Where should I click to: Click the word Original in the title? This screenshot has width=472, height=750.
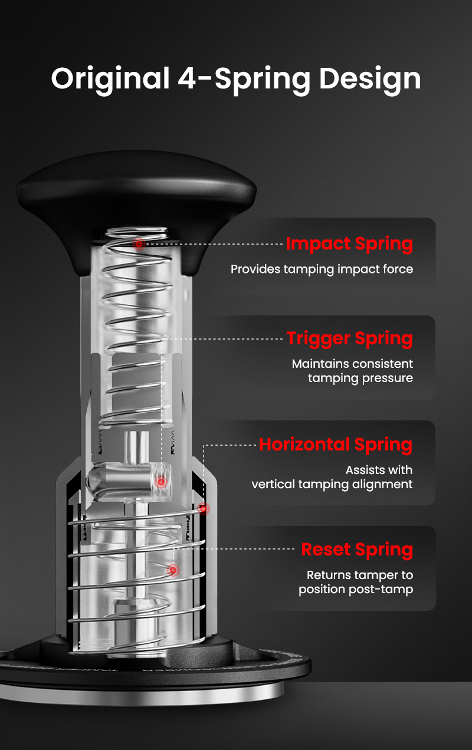click(110, 79)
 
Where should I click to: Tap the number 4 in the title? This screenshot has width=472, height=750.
click(186, 78)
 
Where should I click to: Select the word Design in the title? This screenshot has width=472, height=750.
click(370, 80)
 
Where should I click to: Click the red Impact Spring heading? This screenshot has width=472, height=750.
click(349, 244)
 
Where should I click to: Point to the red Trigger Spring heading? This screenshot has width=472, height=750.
click(350, 339)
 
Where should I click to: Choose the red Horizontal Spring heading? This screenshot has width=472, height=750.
click(336, 445)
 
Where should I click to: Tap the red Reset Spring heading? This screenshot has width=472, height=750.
click(357, 550)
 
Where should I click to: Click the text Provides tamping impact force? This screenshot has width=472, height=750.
click(322, 269)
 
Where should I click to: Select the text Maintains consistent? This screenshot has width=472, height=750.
click(352, 364)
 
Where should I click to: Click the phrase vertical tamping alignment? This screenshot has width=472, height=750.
click(332, 485)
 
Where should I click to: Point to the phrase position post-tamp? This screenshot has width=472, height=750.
click(356, 590)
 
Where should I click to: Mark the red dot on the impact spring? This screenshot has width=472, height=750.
click(139, 244)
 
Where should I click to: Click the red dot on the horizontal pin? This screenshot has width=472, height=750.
click(161, 482)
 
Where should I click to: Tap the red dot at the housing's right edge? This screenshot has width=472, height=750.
click(204, 509)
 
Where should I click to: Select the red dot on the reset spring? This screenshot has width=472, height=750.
click(173, 570)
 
